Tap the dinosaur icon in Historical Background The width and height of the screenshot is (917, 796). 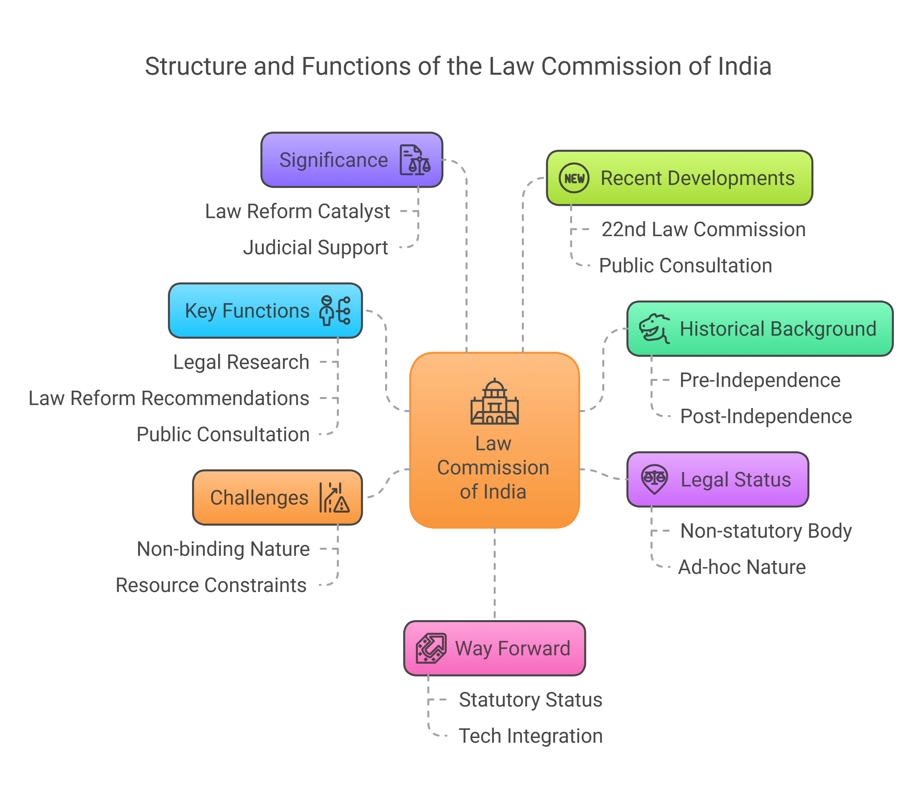tap(654, 329)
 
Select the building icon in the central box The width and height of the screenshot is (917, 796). tap(494, 402)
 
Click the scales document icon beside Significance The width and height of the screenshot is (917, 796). tap(415, 160)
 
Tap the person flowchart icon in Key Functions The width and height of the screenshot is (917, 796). tap(334, 311)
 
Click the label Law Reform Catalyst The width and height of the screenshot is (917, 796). tap(297, 211)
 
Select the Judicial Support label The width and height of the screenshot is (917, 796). tap(315, 248)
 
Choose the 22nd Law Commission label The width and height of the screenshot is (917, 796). tap(703, 229)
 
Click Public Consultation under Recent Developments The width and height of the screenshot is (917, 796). tap(685, 266)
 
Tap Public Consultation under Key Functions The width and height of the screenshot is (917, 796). tap(223, 435)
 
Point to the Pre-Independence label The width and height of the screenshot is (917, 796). tap(760, 380)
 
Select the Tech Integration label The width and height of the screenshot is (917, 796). tap(531, 736)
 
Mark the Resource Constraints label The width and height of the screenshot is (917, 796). tap(211, 586)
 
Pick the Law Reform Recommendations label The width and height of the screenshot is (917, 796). tap(169, 398)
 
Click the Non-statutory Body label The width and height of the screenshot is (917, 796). tap(766, 531)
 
